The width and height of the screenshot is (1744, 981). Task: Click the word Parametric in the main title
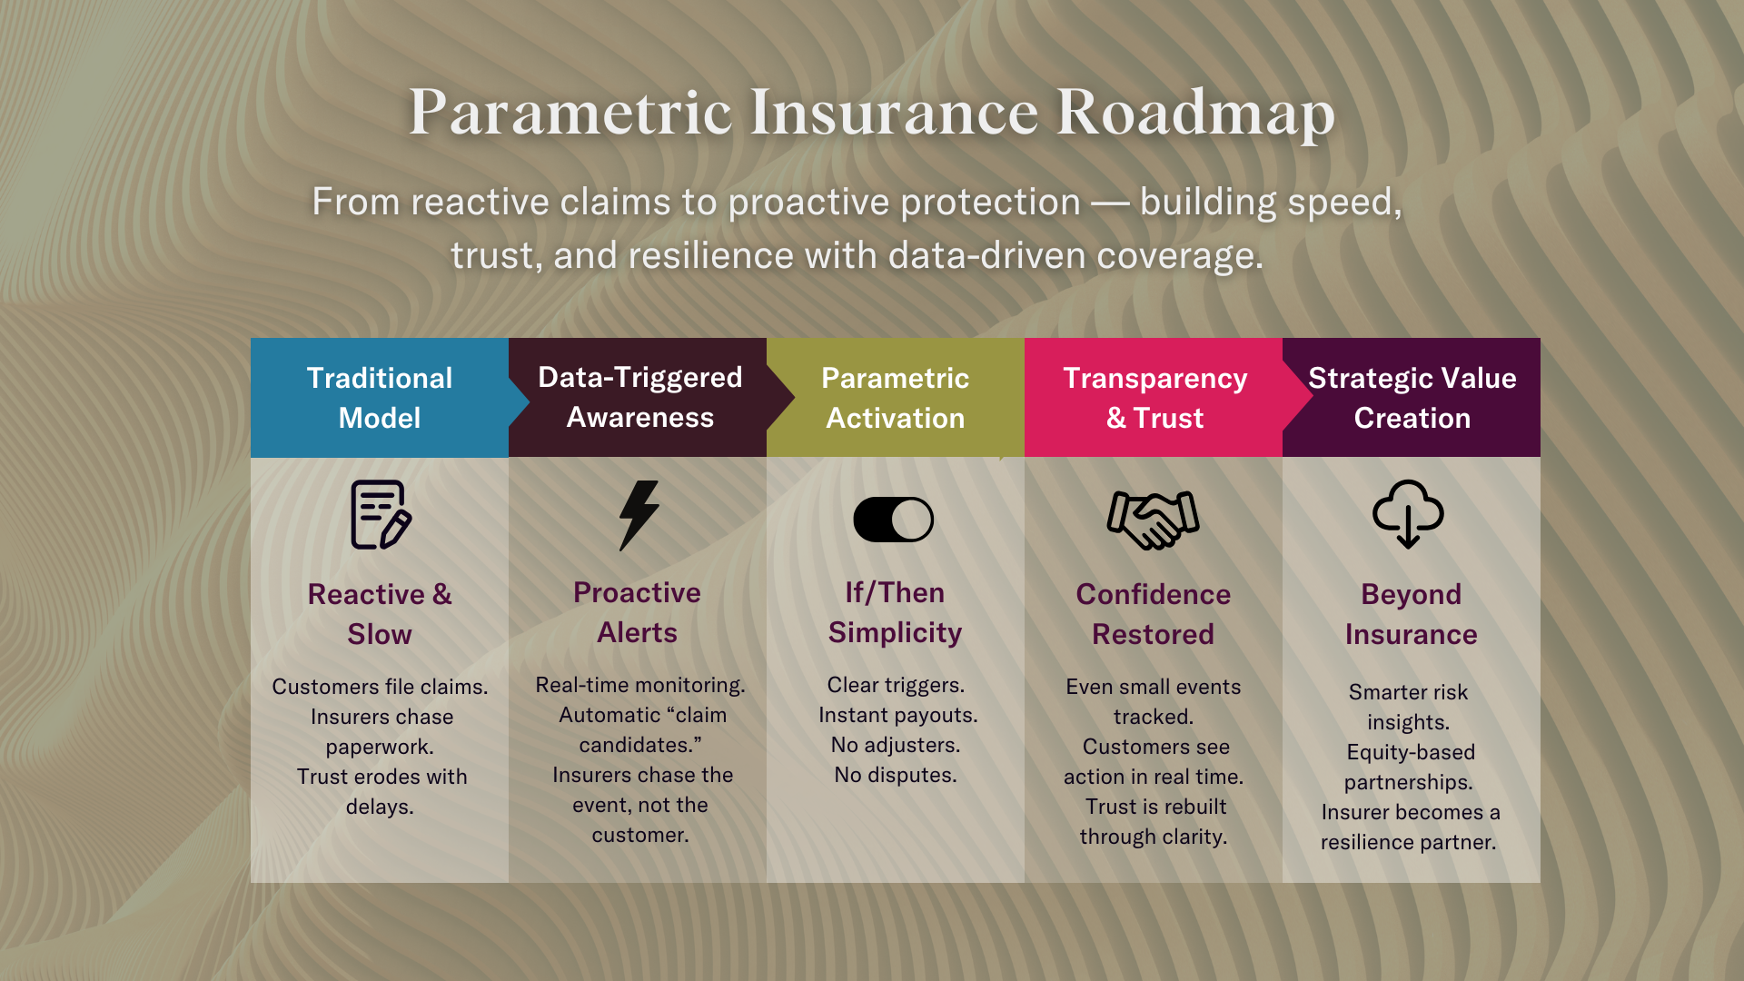coord(570,113)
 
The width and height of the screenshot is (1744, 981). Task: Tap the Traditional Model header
coord(380,398)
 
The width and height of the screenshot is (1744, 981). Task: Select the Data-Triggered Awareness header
coord(640,397)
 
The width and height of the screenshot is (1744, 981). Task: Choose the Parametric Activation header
coord(896,398)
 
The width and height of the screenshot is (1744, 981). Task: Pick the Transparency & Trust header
coord(1154,398)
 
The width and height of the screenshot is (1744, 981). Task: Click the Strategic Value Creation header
coord(1412,398)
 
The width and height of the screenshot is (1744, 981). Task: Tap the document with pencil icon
coord(381,515)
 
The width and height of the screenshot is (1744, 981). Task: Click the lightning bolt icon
coord(639,515)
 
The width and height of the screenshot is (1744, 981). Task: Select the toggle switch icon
coord(894,520)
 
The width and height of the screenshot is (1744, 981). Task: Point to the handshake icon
coord(1153,520)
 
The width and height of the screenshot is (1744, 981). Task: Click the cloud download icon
coord(1408,514)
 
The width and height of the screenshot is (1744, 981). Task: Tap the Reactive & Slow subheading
coord(380,614)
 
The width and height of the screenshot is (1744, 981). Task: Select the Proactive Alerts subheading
coord(638,612)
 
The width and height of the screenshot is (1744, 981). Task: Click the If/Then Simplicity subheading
coord(896,612)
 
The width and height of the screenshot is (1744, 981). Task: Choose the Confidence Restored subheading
coord(1154,614)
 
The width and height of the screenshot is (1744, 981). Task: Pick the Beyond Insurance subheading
coord(1412,614)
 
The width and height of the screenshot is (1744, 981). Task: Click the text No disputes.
coord(896,775)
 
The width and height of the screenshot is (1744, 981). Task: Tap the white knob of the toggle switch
coord(912,520)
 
